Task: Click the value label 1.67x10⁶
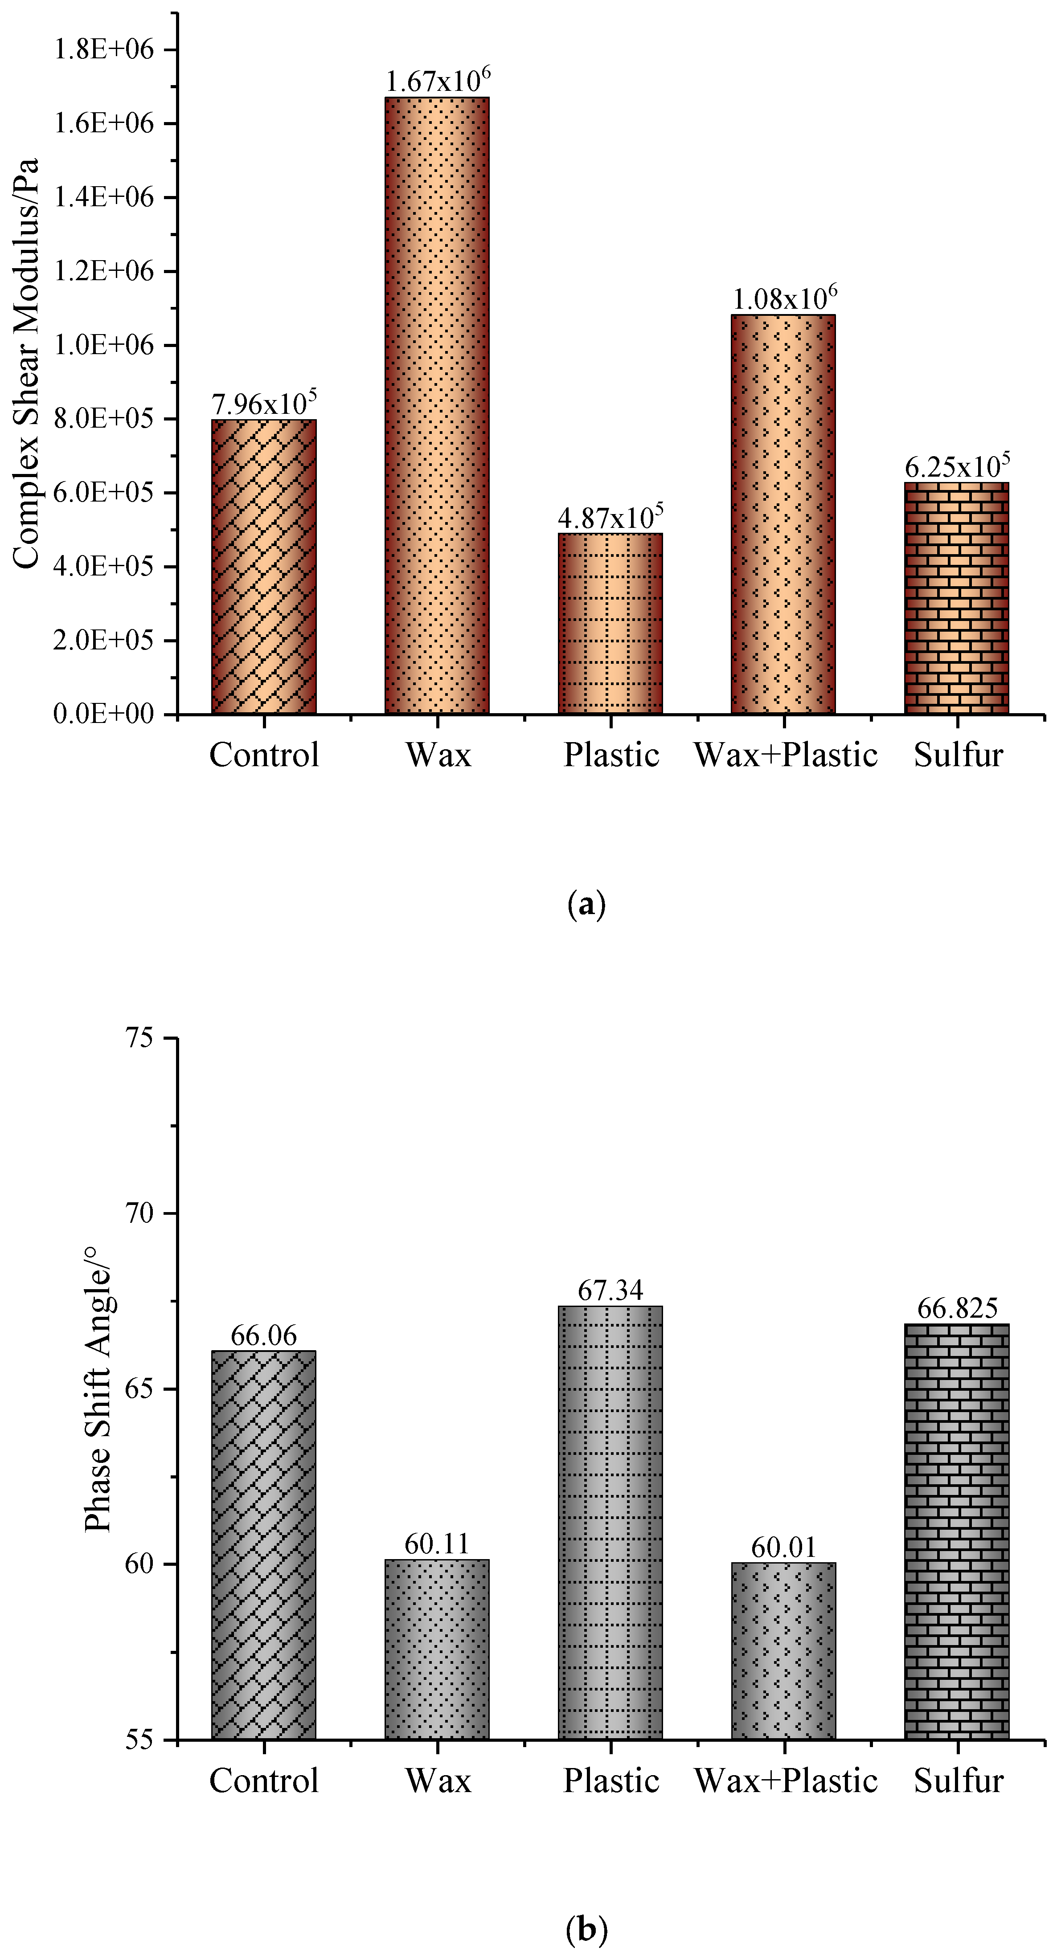pyautogui.click(x=438, y=81)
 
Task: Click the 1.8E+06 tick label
pyautogui.click(x=103, y=49)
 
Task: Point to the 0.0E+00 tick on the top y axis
pyautogui.click(x=103, y=715)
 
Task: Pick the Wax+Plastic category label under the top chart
pyautogui.click(x=785, y=755)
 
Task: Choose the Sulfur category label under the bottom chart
pyautogui.click(x=958, y=1780)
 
